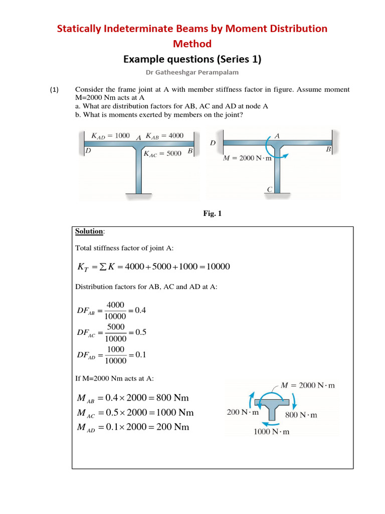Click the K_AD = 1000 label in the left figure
[x=110, y=136]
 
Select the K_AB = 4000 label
[x=164, y=136]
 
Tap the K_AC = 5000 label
[x=162, y=154]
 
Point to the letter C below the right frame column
[x=269, y=190]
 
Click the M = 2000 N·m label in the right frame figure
[x=247, y=159]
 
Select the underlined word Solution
[x=89, y=231]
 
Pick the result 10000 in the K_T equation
[x=215, y=267]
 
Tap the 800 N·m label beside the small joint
[x=301, y=415]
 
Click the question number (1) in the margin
[x=54, y=90]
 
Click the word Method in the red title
[x=192, y=44]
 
